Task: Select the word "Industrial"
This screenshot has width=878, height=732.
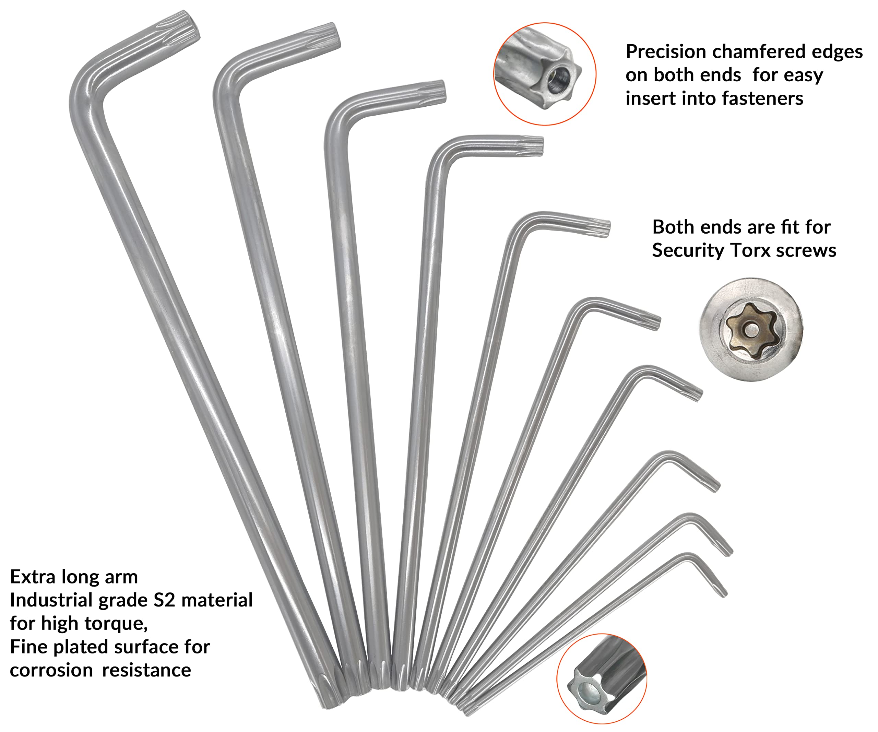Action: click(51, 600)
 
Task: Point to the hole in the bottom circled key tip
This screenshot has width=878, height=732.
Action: click(589, 696)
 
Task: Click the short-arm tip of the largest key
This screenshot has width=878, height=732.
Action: click(193, 26)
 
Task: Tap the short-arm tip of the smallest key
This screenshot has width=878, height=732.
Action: click(723, 592)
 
